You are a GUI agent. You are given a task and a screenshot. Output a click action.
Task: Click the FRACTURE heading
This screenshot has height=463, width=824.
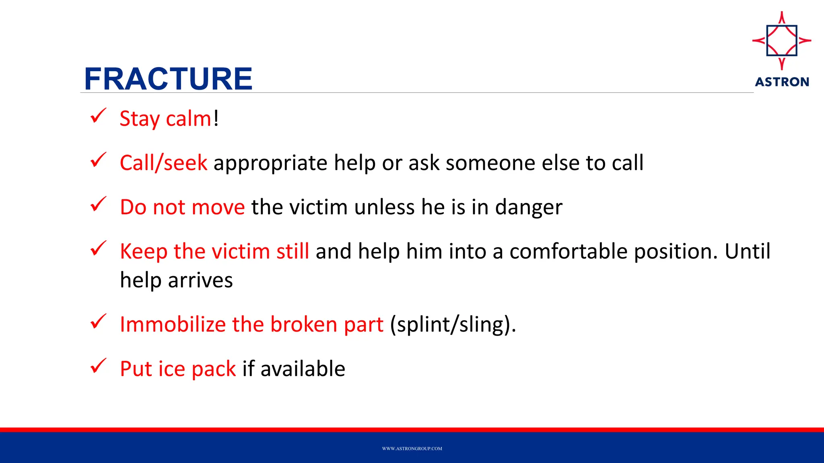tap(168, 79)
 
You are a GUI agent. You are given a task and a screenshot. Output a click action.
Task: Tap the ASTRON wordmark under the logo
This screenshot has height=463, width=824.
tap(782, 82)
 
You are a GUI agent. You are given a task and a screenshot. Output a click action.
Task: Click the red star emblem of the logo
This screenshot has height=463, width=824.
tap(782, 41)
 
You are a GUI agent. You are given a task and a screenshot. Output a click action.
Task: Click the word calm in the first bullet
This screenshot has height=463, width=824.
tap(188, 119)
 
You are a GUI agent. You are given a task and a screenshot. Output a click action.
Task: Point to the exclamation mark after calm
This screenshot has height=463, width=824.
tap(216, 118)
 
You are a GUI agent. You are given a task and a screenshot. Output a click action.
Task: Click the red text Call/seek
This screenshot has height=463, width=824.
tap(163, 163)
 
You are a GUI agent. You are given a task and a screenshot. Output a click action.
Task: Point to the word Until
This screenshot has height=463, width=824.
tap(747, 252)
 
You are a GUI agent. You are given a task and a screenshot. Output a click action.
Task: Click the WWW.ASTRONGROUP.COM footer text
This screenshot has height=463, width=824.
tap(412, 449)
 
